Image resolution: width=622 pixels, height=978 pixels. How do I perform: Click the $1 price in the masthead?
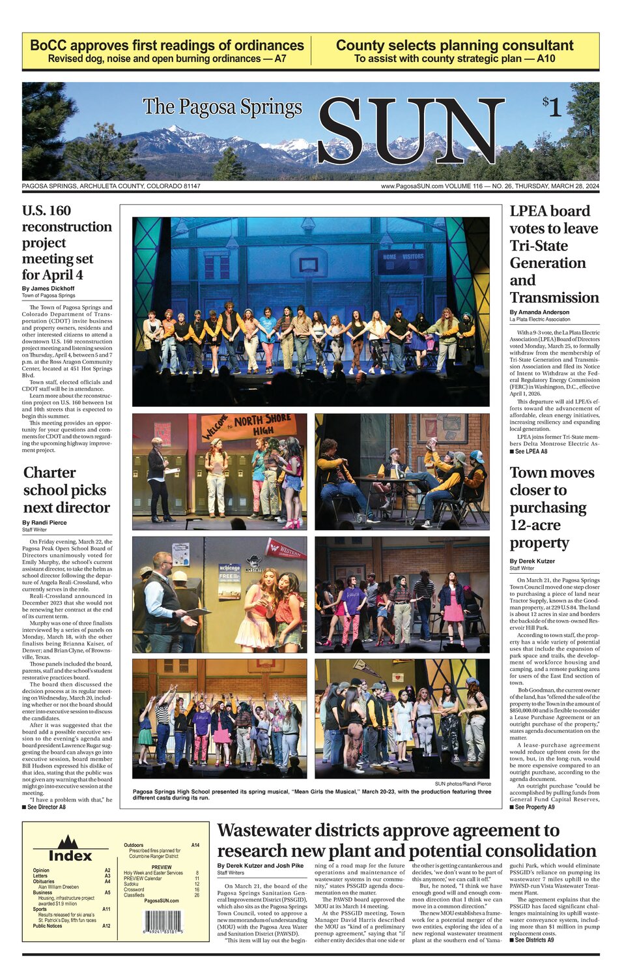(552, 107)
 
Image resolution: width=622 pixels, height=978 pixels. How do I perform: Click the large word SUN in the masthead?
(410, 132)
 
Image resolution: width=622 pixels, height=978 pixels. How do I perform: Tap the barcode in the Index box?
(162, 923)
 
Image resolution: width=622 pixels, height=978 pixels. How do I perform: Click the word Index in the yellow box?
(70, 855)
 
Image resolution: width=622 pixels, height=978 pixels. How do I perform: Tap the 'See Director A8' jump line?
(44, 807)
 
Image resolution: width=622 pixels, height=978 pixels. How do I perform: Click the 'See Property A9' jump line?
(532, 807)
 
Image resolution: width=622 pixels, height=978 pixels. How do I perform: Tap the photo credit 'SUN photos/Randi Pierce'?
(463, 784)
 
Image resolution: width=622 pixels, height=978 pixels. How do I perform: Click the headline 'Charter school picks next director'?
(66, 490)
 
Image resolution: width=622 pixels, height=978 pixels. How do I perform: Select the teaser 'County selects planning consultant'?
(455, 46)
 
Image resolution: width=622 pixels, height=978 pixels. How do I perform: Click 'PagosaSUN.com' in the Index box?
(162, 900)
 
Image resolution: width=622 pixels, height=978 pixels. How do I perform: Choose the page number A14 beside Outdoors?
(195, 845)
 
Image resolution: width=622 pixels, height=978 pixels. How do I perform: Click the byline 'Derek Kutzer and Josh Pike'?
(260, 866)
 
